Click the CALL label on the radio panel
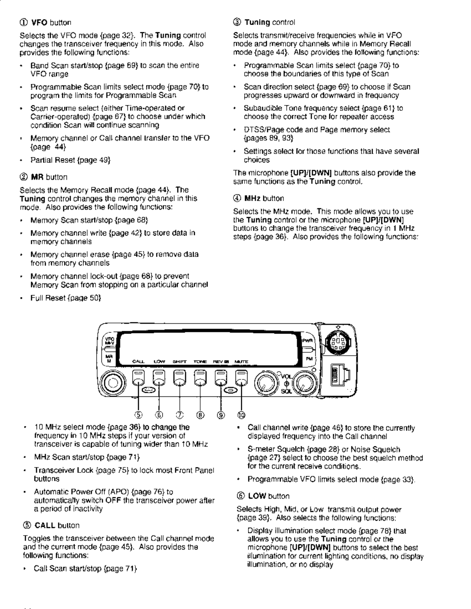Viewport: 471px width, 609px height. (138, 362)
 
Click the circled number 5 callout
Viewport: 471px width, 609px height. (138, 415)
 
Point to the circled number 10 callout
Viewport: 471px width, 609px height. (241, 415)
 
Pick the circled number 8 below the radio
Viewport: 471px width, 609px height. (200, 415)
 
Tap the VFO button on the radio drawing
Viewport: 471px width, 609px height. (109, 340)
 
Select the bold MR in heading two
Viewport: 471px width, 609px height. (37, 177)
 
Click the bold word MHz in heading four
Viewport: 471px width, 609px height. (253, 198)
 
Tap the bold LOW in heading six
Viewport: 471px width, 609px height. (257, 496)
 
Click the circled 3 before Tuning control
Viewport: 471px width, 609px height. (237, 22)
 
